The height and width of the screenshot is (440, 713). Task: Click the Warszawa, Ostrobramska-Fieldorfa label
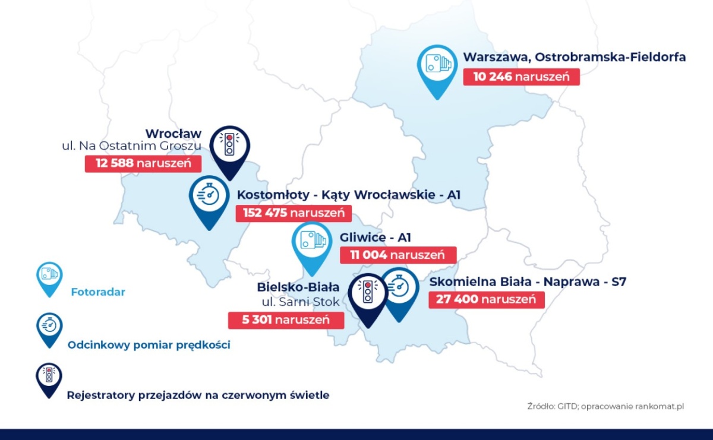575,58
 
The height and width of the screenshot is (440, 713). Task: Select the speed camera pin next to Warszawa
437,67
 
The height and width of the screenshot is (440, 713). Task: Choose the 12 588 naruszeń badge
143,164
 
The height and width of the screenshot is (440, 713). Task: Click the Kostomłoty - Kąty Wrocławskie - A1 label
349,195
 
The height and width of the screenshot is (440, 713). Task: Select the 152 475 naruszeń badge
294,213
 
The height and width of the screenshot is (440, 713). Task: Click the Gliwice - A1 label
376,238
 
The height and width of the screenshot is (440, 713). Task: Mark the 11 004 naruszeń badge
398,255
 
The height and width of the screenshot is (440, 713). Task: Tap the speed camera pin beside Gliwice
312,245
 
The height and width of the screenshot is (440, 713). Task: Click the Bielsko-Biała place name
298,287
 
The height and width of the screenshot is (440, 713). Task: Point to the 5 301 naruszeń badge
286,320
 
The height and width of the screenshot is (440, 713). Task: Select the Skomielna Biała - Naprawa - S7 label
528,281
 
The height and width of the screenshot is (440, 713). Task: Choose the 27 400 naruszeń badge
486,299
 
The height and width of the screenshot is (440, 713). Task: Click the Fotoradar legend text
98,292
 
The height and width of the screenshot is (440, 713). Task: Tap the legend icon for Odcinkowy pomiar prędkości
48,327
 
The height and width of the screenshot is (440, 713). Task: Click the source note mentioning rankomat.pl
614,406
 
